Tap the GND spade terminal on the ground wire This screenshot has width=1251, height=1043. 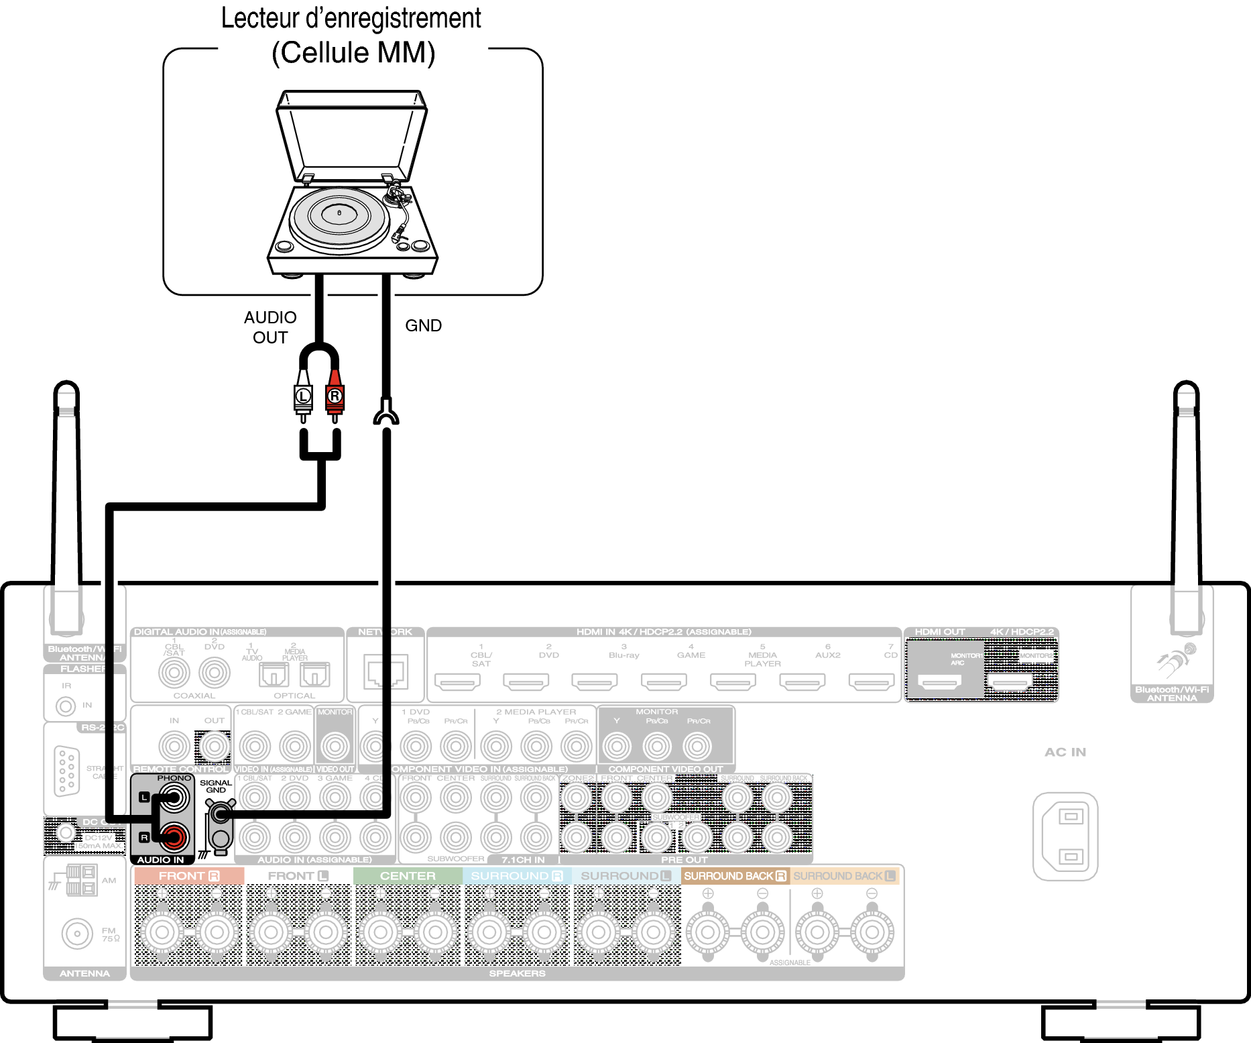click(x=385, y=413)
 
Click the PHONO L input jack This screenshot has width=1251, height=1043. click(x=174, y=798)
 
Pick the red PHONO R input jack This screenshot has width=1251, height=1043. click(x=174, y=836)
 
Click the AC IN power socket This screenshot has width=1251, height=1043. click(x=1065, y=836)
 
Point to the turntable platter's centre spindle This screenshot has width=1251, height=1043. click(x=339, y=213)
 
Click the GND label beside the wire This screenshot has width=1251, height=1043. click(x=423, y=326)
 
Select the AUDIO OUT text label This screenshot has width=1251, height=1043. click(x=270, y=327)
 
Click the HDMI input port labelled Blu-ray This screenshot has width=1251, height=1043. click(x=594, y=682)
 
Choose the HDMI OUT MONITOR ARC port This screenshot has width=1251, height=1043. click(x=939, y=682)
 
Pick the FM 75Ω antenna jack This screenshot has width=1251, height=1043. click(x=77, y=933)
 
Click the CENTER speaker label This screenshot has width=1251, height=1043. click(x=408, y=876)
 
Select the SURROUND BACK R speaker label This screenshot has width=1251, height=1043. click(x=735, y=876)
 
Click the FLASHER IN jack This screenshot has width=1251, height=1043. click(x=66, y=706)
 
